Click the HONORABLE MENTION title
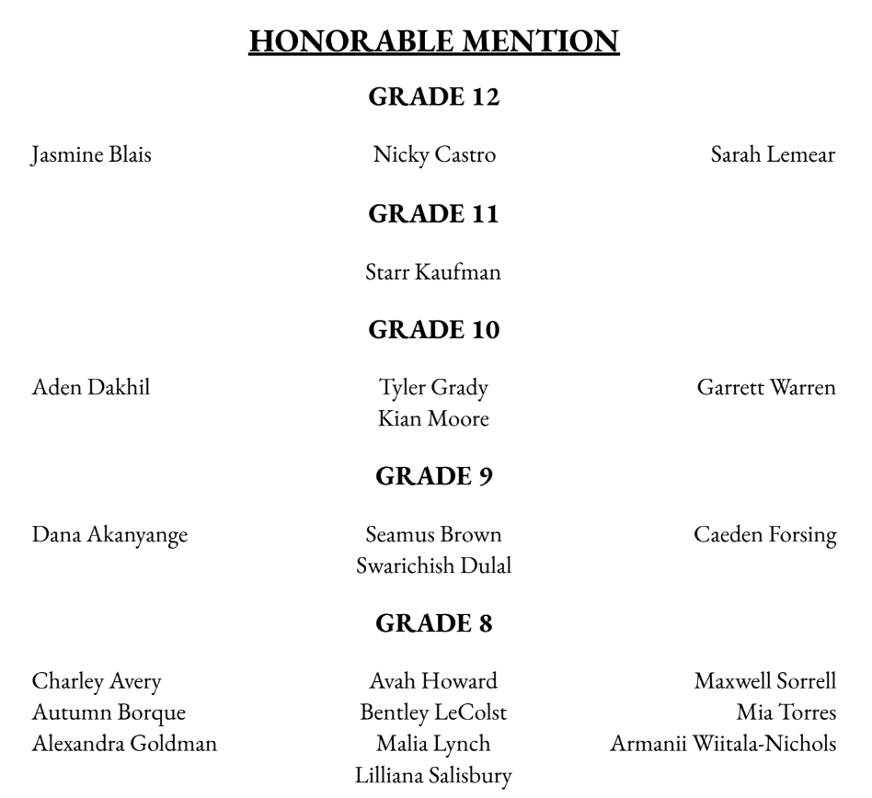434,42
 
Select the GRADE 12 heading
434,97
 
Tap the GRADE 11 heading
434,214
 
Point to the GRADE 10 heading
434,330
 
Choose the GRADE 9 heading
434,476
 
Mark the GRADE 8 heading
434,623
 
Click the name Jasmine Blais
91,154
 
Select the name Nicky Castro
434,154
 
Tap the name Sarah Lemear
773,154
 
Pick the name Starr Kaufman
434,272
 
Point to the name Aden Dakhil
91,388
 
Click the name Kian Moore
434,419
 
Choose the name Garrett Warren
766,388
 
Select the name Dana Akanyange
109,535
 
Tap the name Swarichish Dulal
434,566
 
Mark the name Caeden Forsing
765,535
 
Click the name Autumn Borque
109,712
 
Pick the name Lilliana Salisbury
434,776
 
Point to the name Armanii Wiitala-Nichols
723,744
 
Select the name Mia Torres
786,712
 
